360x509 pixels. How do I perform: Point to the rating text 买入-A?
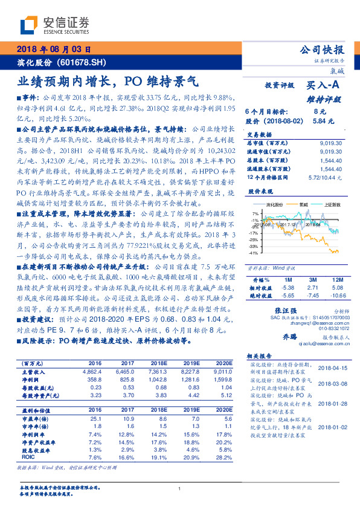[x=323, y=86]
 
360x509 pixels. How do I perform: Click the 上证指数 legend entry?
[x=329, y=206]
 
